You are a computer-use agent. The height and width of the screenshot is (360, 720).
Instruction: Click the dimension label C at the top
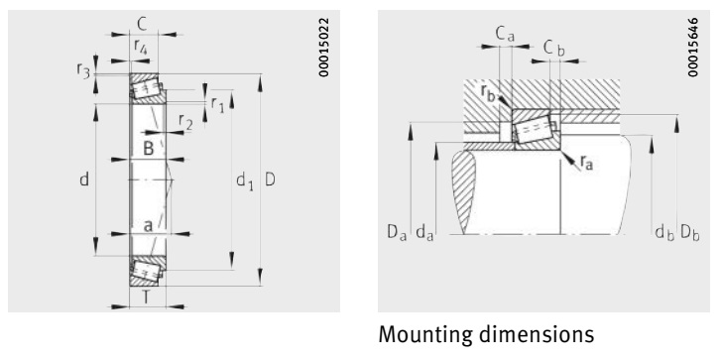(143, 24)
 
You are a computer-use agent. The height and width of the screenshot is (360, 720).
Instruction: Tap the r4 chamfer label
(141, 47)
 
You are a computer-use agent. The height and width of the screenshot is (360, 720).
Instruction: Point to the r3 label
(83, 70)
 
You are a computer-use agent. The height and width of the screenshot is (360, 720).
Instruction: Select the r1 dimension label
(217, 105)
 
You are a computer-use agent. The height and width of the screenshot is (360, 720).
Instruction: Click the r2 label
(185, 121)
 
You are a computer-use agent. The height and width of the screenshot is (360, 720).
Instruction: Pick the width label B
(148, 149)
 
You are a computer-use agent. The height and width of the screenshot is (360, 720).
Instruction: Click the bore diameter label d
(83, 180)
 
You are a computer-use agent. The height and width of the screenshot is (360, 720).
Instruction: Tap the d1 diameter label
(244, 180)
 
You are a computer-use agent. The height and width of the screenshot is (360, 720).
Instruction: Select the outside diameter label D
(270, 180)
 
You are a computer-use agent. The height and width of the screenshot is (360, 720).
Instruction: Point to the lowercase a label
(148, 226)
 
